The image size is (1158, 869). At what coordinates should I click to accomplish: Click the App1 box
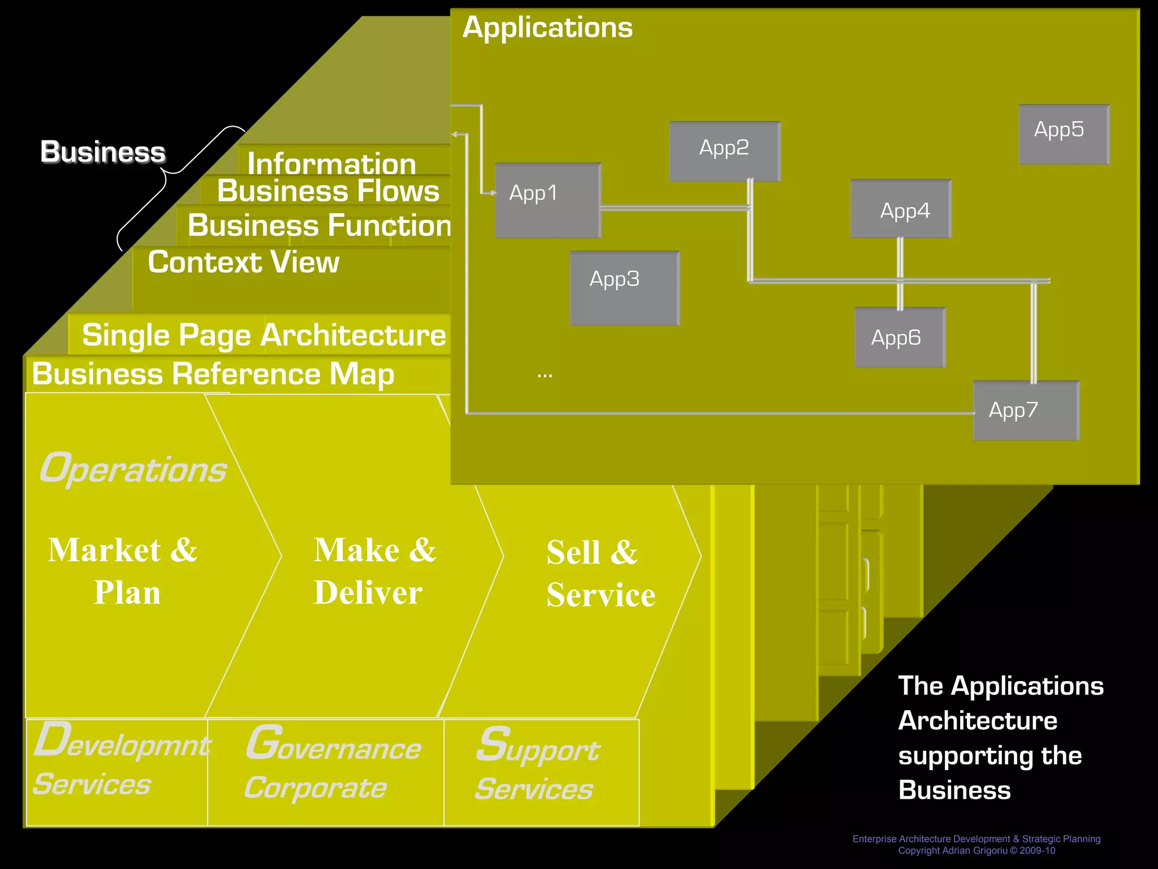click(x=547, y=200)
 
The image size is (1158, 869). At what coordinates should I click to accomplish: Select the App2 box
click(x=724, y=151)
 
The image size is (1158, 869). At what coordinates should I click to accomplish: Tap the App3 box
click(x=624, y=288)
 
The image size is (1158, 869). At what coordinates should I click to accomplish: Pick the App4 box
click(x=901, y=209)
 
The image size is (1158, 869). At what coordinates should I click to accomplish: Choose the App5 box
click(x=1064, y=134)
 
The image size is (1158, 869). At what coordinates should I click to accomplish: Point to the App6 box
click(x=900, y=337)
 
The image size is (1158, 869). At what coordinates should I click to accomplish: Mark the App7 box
click(x=1026, y=410)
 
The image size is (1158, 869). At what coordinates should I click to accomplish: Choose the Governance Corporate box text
click(x=332, y=764)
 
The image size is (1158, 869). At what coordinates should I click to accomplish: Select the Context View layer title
click(x=243, y=262)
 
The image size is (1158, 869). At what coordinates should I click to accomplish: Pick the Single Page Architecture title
click(x=263, y=335)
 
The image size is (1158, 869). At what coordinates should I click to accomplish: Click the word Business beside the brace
click(x=103, y=152)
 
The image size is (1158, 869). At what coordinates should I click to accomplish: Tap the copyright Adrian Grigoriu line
click(x=976, y=850)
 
